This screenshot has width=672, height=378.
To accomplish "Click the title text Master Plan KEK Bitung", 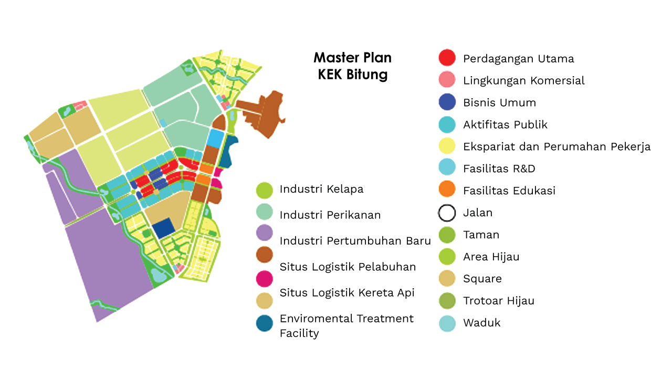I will [x=352, y=66].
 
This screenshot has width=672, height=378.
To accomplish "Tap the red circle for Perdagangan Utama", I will [x=447, y=58].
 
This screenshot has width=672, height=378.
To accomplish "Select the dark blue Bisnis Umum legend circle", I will [x=447, y=102].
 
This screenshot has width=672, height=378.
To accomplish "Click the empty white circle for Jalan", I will [x=447, y=213].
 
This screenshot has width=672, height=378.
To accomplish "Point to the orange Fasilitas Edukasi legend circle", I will [x=447, y=191].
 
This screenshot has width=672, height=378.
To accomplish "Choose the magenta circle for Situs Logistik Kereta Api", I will [x=265, y=278].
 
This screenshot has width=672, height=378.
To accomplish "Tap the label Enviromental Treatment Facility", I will [x=346, y=325].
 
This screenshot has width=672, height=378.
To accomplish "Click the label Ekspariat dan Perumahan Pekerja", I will [x=556, y=146].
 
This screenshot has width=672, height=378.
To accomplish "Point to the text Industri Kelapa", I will [x=321, y=189].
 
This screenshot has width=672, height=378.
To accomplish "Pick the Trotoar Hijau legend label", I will [x=498, y=301].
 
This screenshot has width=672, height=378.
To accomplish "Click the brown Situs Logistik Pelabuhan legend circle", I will [x=265, y=256].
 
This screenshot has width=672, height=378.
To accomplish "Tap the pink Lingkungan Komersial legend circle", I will [x=447, y=80].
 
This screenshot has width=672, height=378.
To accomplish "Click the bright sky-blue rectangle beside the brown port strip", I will [x=215, y=138].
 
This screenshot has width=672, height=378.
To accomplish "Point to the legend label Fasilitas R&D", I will [x=499, y=169].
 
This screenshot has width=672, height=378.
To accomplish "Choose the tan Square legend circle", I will [x=447, y=279].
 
